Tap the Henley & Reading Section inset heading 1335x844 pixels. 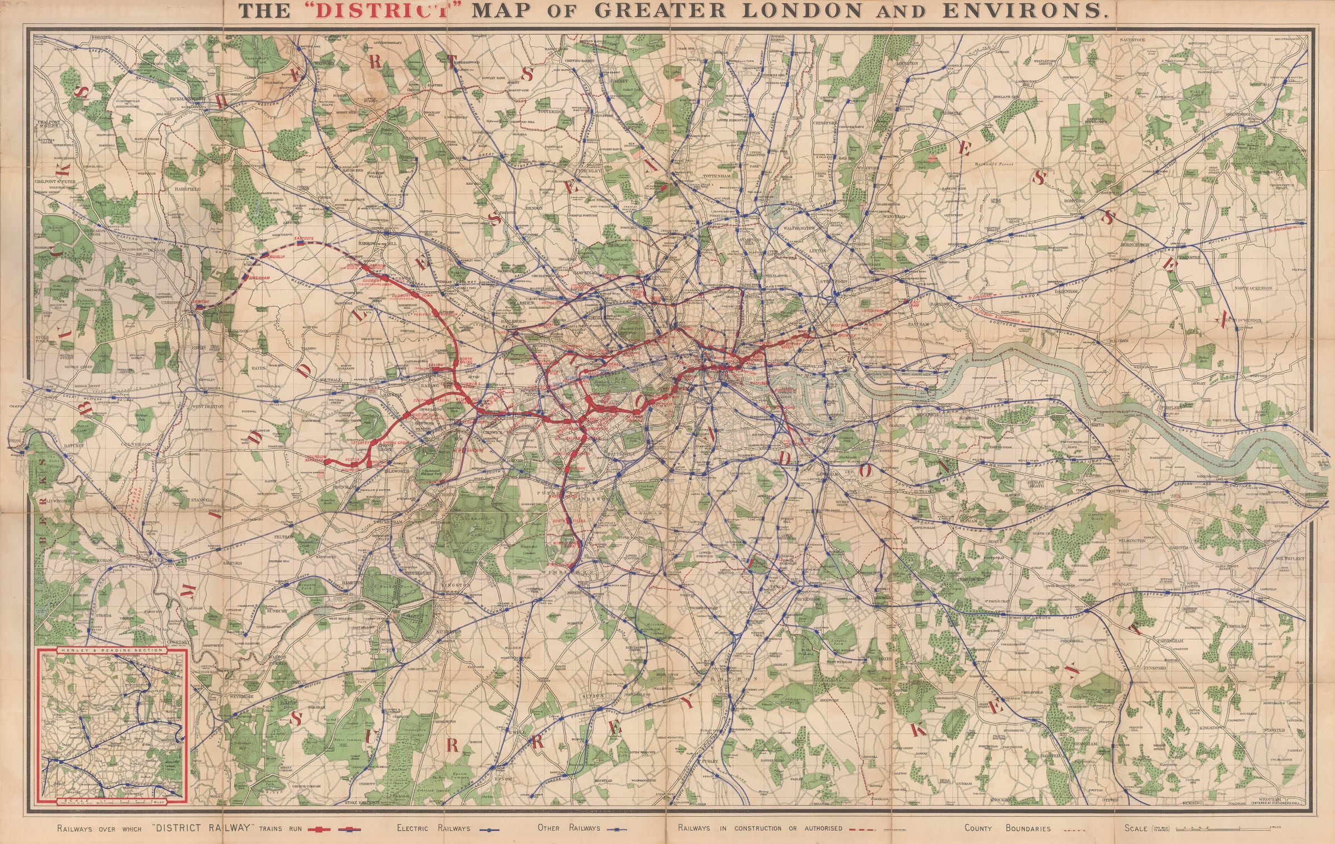point(112,650)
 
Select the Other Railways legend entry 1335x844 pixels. point(568,828)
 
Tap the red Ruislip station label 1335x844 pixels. point(276,258)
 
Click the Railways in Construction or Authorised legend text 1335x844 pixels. point(760,828)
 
